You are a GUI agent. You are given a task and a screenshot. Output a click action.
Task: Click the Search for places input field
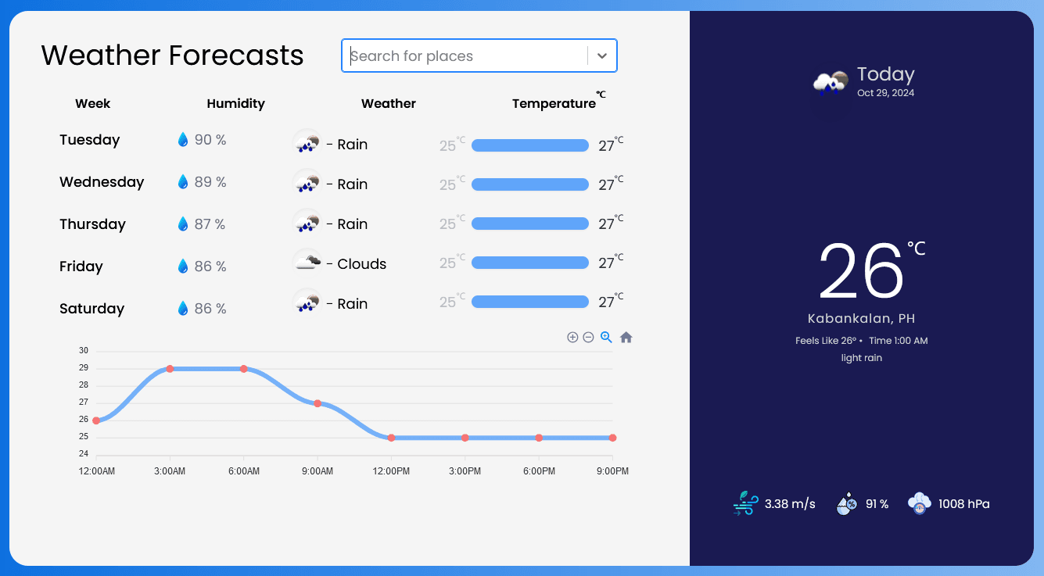tap(465, 56)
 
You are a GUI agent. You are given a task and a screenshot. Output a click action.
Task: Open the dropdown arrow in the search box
tap(601, 56)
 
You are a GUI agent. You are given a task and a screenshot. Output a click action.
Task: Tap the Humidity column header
tap(235, 103)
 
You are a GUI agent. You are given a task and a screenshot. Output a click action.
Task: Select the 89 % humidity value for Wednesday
tap(210, 182)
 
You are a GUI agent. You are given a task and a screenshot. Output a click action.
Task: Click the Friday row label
tap(81, 267)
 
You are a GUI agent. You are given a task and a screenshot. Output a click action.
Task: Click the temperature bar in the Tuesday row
tap(529, 145)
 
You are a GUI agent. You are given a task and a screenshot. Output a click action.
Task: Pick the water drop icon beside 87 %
tap(183, 224)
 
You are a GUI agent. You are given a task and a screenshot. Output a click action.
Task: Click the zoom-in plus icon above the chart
tap(572, 338)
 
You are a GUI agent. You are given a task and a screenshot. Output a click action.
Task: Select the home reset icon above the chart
tap(626, 338)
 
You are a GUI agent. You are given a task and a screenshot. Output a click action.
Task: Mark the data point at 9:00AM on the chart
tap(318, 403)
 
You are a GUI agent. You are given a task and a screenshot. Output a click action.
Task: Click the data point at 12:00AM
tap(96, 420)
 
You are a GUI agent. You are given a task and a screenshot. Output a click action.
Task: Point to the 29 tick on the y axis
tap(84, 368)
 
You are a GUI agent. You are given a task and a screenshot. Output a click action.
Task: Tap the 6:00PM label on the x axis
tap(539, 471)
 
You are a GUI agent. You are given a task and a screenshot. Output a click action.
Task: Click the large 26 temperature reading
tap(861, 271)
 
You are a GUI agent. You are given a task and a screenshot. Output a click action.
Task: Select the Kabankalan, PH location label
tap(861, 319)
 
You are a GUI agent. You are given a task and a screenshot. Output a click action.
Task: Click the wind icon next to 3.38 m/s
tap(744, 503)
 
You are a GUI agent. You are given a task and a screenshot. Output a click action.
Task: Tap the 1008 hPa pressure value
tap(963, 504)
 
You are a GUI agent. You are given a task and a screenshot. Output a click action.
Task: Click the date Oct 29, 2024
tap(885, 93)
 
